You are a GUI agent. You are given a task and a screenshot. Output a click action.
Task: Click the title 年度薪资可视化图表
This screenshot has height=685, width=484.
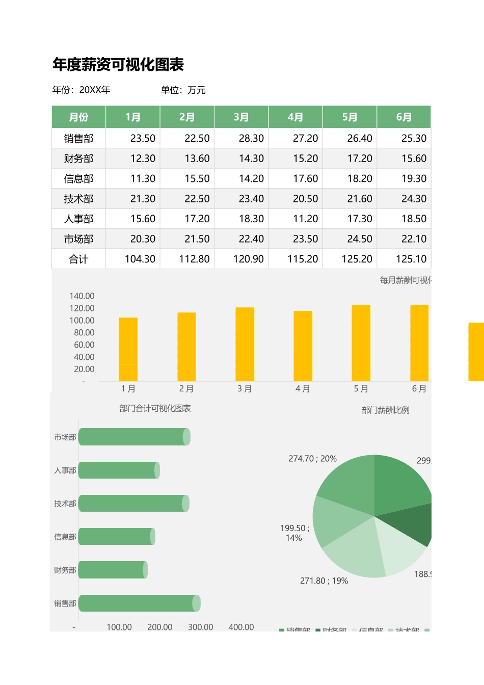coord(118,65)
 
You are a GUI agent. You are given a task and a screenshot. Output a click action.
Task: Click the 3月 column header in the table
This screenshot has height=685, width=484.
coord(241,117)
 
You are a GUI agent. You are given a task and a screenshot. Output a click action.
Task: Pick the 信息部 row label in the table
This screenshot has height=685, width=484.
coord(78,179)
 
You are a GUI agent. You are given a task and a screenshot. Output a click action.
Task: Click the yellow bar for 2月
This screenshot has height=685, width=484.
coord(186,347)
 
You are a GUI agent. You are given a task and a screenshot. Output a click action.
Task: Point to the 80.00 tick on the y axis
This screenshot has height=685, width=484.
coord(84,333)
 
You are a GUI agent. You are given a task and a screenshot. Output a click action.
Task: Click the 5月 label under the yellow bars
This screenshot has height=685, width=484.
coord(361,389)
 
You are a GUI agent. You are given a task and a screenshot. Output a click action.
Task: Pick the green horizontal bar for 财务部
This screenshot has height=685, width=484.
coord(112,570)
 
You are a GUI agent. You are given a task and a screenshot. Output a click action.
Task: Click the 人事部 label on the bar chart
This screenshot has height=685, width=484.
coord(65,470)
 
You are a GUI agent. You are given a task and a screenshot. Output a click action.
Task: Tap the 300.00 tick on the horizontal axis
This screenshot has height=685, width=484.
coord(200,627)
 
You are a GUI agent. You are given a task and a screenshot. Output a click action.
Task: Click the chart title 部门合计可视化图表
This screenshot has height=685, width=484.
coord(155,408)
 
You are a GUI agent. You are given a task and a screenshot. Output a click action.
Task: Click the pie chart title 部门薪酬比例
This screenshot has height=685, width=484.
coord(385,410)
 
